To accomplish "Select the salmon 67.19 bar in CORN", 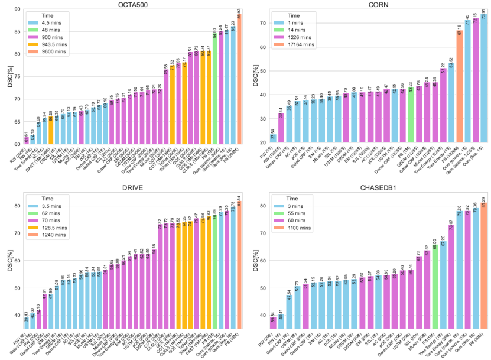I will pos(459,89).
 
